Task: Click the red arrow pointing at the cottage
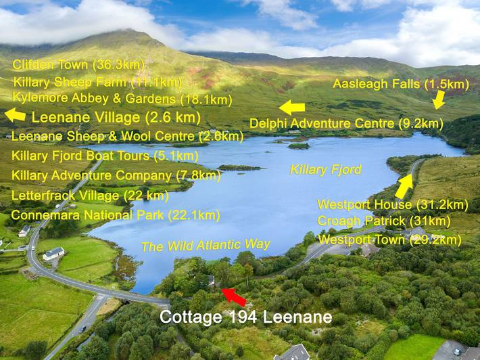tap(235, 296)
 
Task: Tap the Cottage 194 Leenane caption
tap(245, 317)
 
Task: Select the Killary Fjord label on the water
tap(326, 169)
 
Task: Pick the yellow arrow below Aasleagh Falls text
tap(439, 100)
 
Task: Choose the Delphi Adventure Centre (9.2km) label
tap(346, 124)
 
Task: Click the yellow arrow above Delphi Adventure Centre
tap(292, 107)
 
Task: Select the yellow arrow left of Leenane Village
tap(15, 116)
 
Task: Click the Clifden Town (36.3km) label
tap(78, 65)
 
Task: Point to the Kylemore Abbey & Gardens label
tap(122, 99)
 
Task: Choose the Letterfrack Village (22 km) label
tap(90, 196)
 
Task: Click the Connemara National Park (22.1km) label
tap(116, 215)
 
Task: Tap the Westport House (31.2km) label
tap(393, 204)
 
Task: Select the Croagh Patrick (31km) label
tap(384, 221)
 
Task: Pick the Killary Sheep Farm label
tap(97, 82)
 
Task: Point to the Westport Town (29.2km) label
tap(389, 240)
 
